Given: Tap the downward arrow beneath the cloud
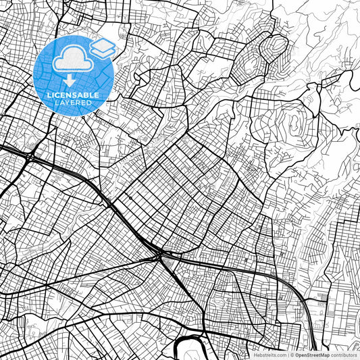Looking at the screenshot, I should pos(70,80).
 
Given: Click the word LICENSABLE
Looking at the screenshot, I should pos(73,95).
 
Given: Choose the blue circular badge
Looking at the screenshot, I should pos(74,75).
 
